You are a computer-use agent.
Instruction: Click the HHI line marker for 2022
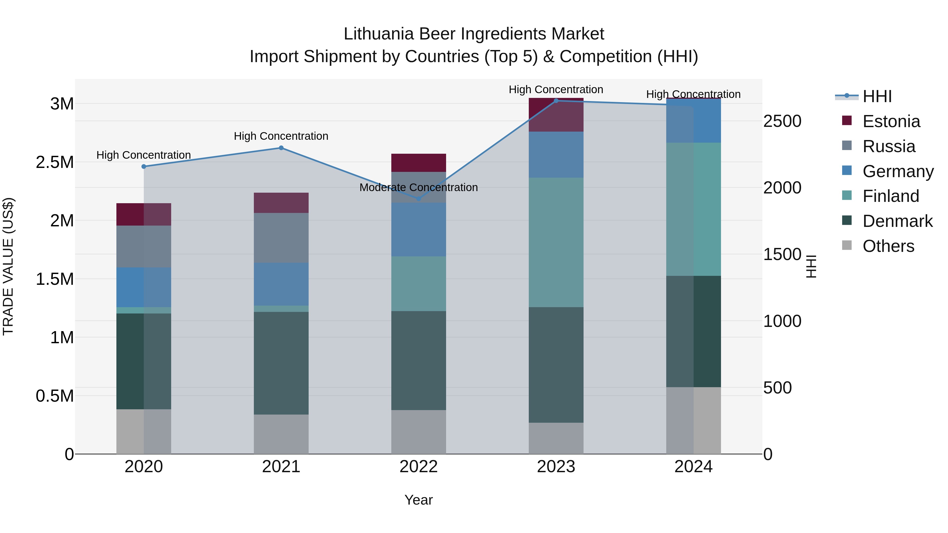pyautogui.click(x=418, y=199)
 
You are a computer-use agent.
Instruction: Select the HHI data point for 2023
pyautogui.click(x=556, y=101)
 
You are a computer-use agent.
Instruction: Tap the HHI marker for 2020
pyautogui.click(x=144, y=167)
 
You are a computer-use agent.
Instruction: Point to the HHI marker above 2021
pyautogui.click(x=281, y=148)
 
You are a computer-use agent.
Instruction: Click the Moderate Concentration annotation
pyautogui.click(x=418, y=188)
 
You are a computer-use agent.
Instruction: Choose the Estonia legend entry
pyautogui.click(x=891, y=121)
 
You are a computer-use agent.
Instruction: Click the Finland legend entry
pyautogui.click(x=891, y=196)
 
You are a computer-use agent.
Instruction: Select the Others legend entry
pyautogui.click(x=888, y=246)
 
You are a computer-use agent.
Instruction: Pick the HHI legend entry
pyautogui.click(x=877, y=96)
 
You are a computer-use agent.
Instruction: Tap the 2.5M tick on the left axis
pyautogui.click(x=55, y=162)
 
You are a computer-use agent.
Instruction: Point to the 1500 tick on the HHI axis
pyautogui.click(x=782, y=255)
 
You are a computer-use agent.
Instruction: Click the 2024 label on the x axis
pyautogui.click(x=693, y=467)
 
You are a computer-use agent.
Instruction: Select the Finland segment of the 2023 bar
pyautogui.click(x=556, y=242)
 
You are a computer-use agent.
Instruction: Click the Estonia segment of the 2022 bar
pyautogui.click(x=418, y=163)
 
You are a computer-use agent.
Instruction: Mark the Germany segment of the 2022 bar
pyautogui.click(x=418, y=230)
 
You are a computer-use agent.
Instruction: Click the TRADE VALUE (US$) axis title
pyautogui.click(x=8, y=266)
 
